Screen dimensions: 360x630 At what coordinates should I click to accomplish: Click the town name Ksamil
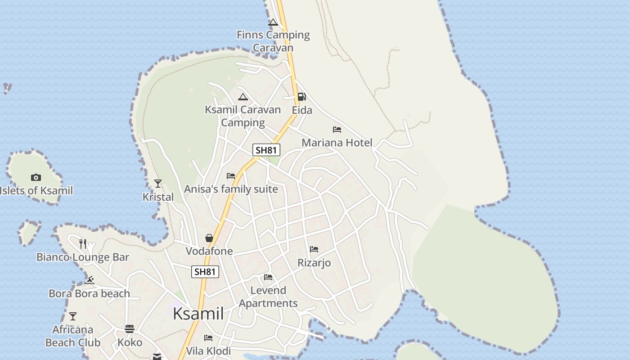point(198,314)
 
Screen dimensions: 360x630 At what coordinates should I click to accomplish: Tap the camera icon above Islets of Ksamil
point(36,178)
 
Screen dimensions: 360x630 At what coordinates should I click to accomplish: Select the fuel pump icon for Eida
point(301,97)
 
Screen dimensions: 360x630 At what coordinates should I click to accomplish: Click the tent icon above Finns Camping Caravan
point(273,22)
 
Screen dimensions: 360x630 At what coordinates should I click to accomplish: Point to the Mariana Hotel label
point(337,143)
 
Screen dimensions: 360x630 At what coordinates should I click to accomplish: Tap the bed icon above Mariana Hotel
point(337,130)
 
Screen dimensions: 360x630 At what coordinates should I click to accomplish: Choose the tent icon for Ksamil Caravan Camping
point(243,97)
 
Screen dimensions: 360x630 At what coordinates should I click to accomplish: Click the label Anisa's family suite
point(231,189)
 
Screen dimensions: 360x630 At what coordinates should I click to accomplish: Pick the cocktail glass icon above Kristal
point(158,183)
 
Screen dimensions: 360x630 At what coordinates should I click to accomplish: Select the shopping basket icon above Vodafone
point(209,238)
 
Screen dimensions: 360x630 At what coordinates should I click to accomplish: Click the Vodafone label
point(209,251)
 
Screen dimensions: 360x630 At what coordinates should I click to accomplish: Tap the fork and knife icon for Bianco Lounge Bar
point(83,243)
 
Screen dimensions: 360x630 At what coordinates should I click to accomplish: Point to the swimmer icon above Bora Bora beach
point(90,280)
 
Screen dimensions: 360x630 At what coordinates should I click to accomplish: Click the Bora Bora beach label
point(89,293)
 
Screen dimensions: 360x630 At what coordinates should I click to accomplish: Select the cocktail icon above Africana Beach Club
point(72,316)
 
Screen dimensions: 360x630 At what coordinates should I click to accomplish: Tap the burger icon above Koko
point(130,329)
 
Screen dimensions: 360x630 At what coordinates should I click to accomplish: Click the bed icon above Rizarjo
point(314,249)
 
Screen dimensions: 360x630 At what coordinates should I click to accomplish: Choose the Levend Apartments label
point(268,297)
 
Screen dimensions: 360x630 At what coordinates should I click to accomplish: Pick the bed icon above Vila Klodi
point(208,337)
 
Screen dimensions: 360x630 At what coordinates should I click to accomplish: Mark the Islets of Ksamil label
point(36,190)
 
